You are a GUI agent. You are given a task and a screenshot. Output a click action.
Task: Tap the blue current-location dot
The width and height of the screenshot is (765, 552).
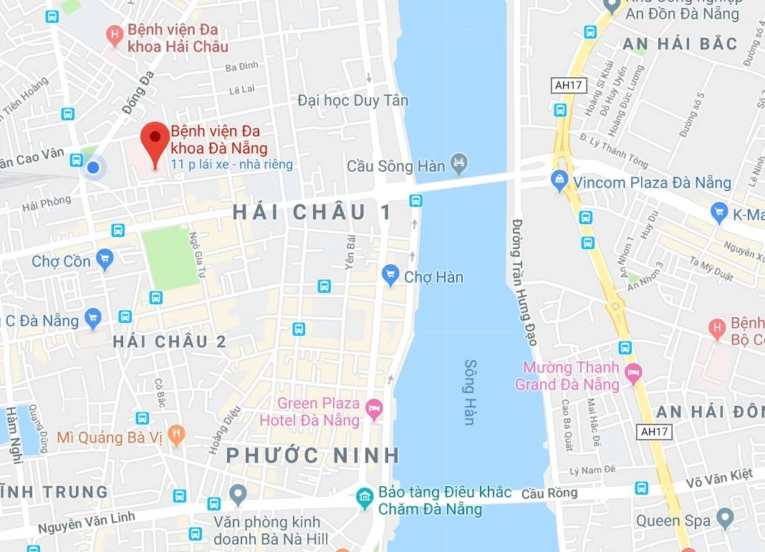[x=92, y=168]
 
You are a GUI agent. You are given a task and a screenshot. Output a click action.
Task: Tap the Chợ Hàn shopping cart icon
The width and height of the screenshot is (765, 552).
[x=390, y=273]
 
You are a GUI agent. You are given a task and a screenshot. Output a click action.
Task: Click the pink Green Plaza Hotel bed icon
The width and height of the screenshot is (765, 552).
[x=373, y=409]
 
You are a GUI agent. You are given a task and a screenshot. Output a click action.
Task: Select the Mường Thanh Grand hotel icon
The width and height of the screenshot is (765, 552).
[x=633, y=372]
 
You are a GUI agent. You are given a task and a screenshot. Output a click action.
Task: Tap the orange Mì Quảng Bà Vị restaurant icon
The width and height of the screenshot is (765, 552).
[x=176, y=434]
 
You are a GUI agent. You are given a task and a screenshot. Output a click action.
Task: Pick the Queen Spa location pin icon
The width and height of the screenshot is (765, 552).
[x=726, y=518]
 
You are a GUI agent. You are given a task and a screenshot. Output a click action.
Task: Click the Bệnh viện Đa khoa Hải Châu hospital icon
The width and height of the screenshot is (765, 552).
[x=113, y=34]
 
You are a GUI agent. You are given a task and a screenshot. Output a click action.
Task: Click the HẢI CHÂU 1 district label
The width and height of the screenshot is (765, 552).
[x=313, y=212]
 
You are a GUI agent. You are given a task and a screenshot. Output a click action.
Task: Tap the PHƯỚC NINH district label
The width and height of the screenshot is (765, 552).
[x=313, y=455]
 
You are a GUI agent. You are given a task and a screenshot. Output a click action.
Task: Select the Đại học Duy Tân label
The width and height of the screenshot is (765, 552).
[x=352, y=101]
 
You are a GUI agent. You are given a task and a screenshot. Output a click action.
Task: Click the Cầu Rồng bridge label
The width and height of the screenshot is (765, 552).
[x=549, y=494]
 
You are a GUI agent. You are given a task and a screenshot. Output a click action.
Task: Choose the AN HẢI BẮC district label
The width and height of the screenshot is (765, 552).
[x=680, y=44]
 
